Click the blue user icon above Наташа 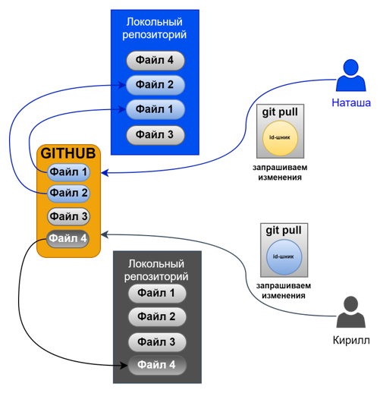(x=350, y=77)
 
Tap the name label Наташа (x=350, y=102)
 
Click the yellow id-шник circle (x=280, y=137)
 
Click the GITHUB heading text (x=69, y=152)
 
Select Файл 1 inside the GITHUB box (x=69, y=172)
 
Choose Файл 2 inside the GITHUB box (x=69, y=193)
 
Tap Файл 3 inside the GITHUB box (x=69, y=216)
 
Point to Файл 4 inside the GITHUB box (x=69, y=238)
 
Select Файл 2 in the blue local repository (x=155, y=84)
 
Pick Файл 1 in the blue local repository (x=155, y=109)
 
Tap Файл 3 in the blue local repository (x=155, y=135)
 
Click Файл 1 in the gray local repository (x=157, y=293)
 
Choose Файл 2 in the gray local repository (x=157, y=316)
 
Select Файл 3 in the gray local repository (x=157, y=341)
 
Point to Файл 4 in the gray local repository (x=157, y=366)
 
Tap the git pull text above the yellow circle (x=280, y=112)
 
